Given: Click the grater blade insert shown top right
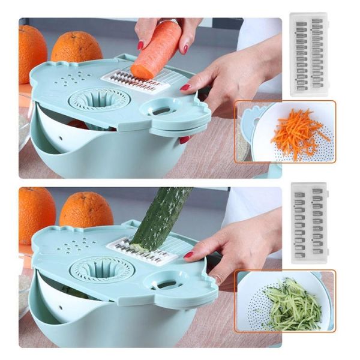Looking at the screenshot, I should (308, 54).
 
